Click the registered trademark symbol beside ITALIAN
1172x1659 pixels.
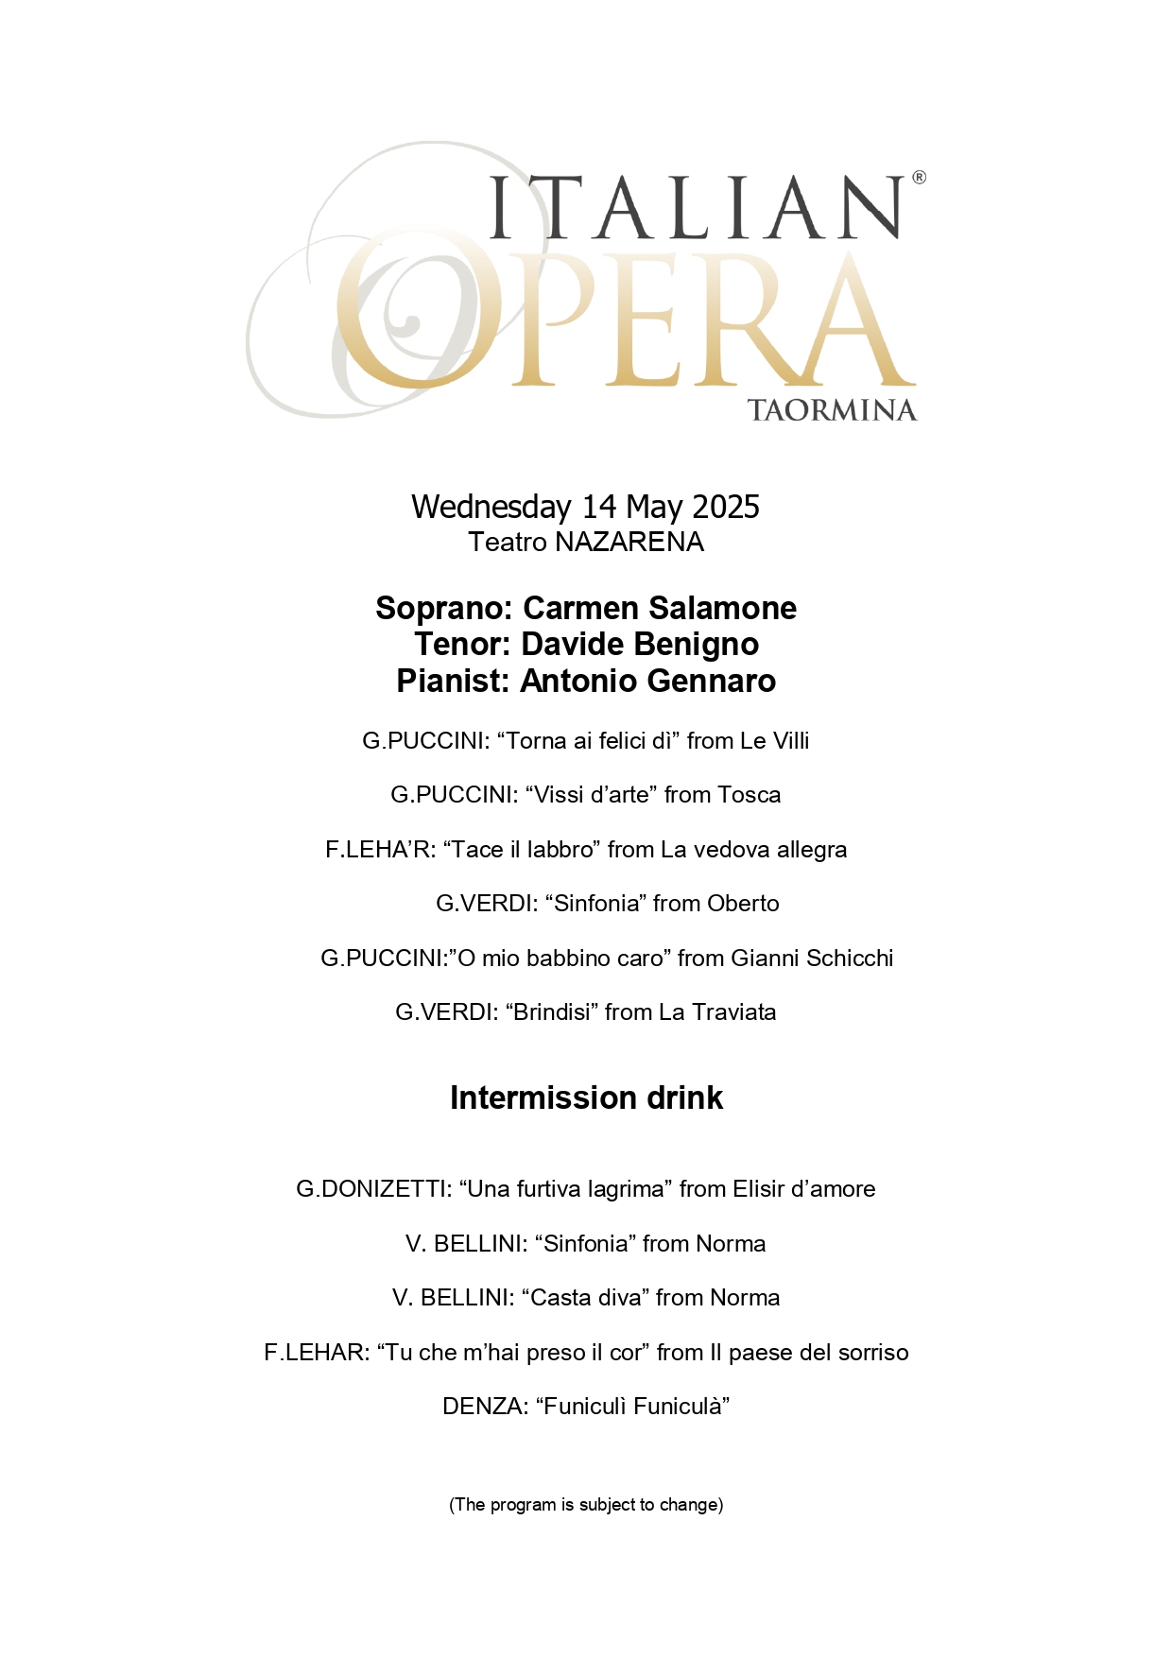919,178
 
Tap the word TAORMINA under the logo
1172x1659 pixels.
832,410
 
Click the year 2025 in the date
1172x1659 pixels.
726,508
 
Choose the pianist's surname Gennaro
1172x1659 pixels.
708,682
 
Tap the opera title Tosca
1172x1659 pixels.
750,795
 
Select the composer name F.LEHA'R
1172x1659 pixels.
379,850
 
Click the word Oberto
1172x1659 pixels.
743,904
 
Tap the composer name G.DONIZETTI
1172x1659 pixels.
372,1189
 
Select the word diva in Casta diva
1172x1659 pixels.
621,1298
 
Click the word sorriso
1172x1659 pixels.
871,1353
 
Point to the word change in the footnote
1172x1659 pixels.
696,1505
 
